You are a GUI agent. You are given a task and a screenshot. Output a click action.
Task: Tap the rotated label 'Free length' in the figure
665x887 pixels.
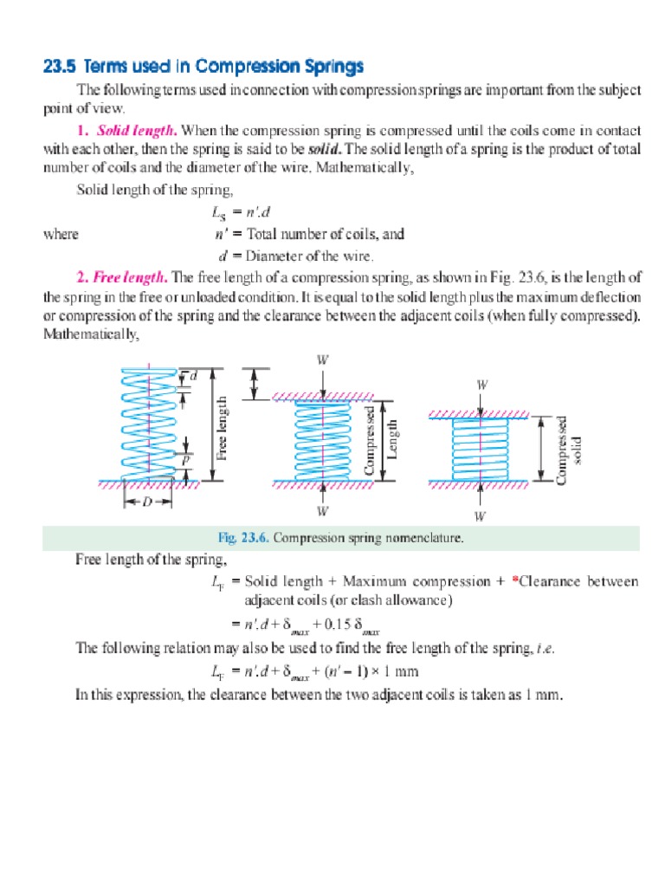click(222, 428)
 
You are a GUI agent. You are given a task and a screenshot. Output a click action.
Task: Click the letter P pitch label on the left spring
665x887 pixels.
click(185, 461)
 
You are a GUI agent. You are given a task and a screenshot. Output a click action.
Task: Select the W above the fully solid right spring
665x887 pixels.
click(481, 384)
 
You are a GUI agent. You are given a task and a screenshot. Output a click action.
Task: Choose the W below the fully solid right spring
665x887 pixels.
click(481, 516)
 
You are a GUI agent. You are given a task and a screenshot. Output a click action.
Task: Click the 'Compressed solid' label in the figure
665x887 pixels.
click(569, 449)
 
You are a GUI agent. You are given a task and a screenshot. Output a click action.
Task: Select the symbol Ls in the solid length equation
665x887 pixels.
click(219, 213)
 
